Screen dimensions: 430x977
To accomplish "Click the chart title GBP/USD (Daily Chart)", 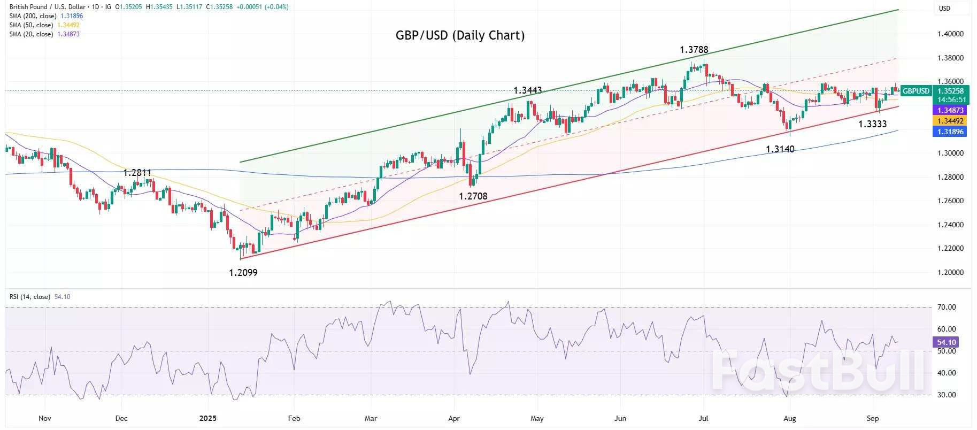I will (x=460, y=35).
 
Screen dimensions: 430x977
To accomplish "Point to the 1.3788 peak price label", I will (x=694, y=50).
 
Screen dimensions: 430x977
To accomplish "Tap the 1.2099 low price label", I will (x=243, y=273).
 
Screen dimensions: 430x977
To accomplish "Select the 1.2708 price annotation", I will (x=473, y=196).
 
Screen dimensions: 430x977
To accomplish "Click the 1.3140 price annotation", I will (x=780, y=149).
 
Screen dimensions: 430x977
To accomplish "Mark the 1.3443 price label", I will (x=527, y=90).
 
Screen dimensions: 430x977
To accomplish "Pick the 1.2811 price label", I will (x=137, y=173).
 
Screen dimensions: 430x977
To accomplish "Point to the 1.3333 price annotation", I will (x=872, y=124).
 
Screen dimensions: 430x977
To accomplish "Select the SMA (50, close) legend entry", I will (x=31, y=25).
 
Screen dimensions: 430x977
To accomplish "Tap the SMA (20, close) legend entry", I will (x=31, y=34).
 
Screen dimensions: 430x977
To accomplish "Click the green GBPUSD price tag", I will (x=916, y=91).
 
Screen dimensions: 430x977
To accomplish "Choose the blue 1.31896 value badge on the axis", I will (x=950, y=132).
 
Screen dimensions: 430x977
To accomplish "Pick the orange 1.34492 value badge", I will (x=950, y=121).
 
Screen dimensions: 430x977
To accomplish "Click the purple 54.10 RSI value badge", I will (x=946, y=342).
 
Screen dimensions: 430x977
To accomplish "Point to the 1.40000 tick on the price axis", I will (x=950, y=34).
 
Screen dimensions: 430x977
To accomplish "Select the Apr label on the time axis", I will (x=453, y=418).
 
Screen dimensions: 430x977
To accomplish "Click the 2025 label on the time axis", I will (x=207, y=418).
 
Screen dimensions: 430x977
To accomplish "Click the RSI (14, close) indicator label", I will (x=30, y=297).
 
